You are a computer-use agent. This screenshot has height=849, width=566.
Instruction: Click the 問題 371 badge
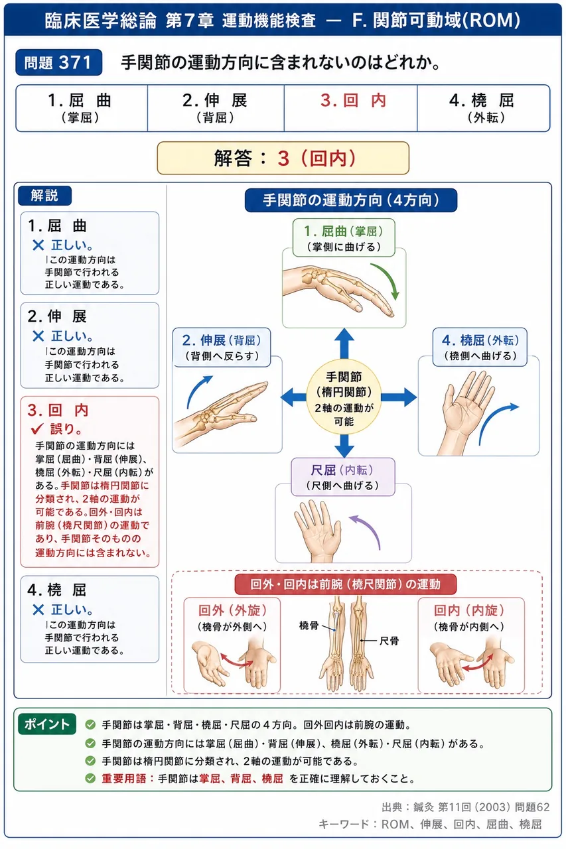pyautogui.click(x=59, y=62)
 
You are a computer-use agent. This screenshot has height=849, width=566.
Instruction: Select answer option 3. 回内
pyautogui.click(x=350, y=108)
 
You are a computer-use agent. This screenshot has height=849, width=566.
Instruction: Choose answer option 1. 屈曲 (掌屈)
pyautogui.click(x=82, y=108)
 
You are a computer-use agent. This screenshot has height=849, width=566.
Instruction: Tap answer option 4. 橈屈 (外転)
pyautogui.click(x=483, y=108)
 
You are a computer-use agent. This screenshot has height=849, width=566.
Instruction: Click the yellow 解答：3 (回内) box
pyautogui.click(x=283, y=158)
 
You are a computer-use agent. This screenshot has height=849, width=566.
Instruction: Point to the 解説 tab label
pyautogui.click(x=44, y=196)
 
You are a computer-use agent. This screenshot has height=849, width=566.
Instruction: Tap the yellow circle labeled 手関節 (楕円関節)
pyautogui.click(x=344, y=397)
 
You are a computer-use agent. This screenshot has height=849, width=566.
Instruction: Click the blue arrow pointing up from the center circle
pyautogui.click(x=344, y=344)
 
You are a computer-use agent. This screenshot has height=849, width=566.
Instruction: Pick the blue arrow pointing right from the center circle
pyautogui.click(x=399, y=397)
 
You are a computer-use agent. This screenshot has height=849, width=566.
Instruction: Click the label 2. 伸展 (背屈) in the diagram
pyautogui.click(x=222, y=347)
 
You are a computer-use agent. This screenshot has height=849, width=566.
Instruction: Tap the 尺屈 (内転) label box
pyautogui.click(x=343, y=477)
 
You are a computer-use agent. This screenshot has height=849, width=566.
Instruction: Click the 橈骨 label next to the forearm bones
pyautogui.click(x=309, y=625)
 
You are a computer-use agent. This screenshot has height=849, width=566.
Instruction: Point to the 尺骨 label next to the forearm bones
pyautogui.click(x=389, y=641)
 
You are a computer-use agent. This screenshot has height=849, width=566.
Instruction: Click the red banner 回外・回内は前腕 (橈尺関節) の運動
pyautogui.click(x=345, y=584)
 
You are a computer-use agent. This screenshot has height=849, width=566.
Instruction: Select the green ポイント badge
pyautogui.click(x=47, y=724)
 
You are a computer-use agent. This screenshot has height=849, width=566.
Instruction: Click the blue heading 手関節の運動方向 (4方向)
pyautogui.click(x=351, y=200)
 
